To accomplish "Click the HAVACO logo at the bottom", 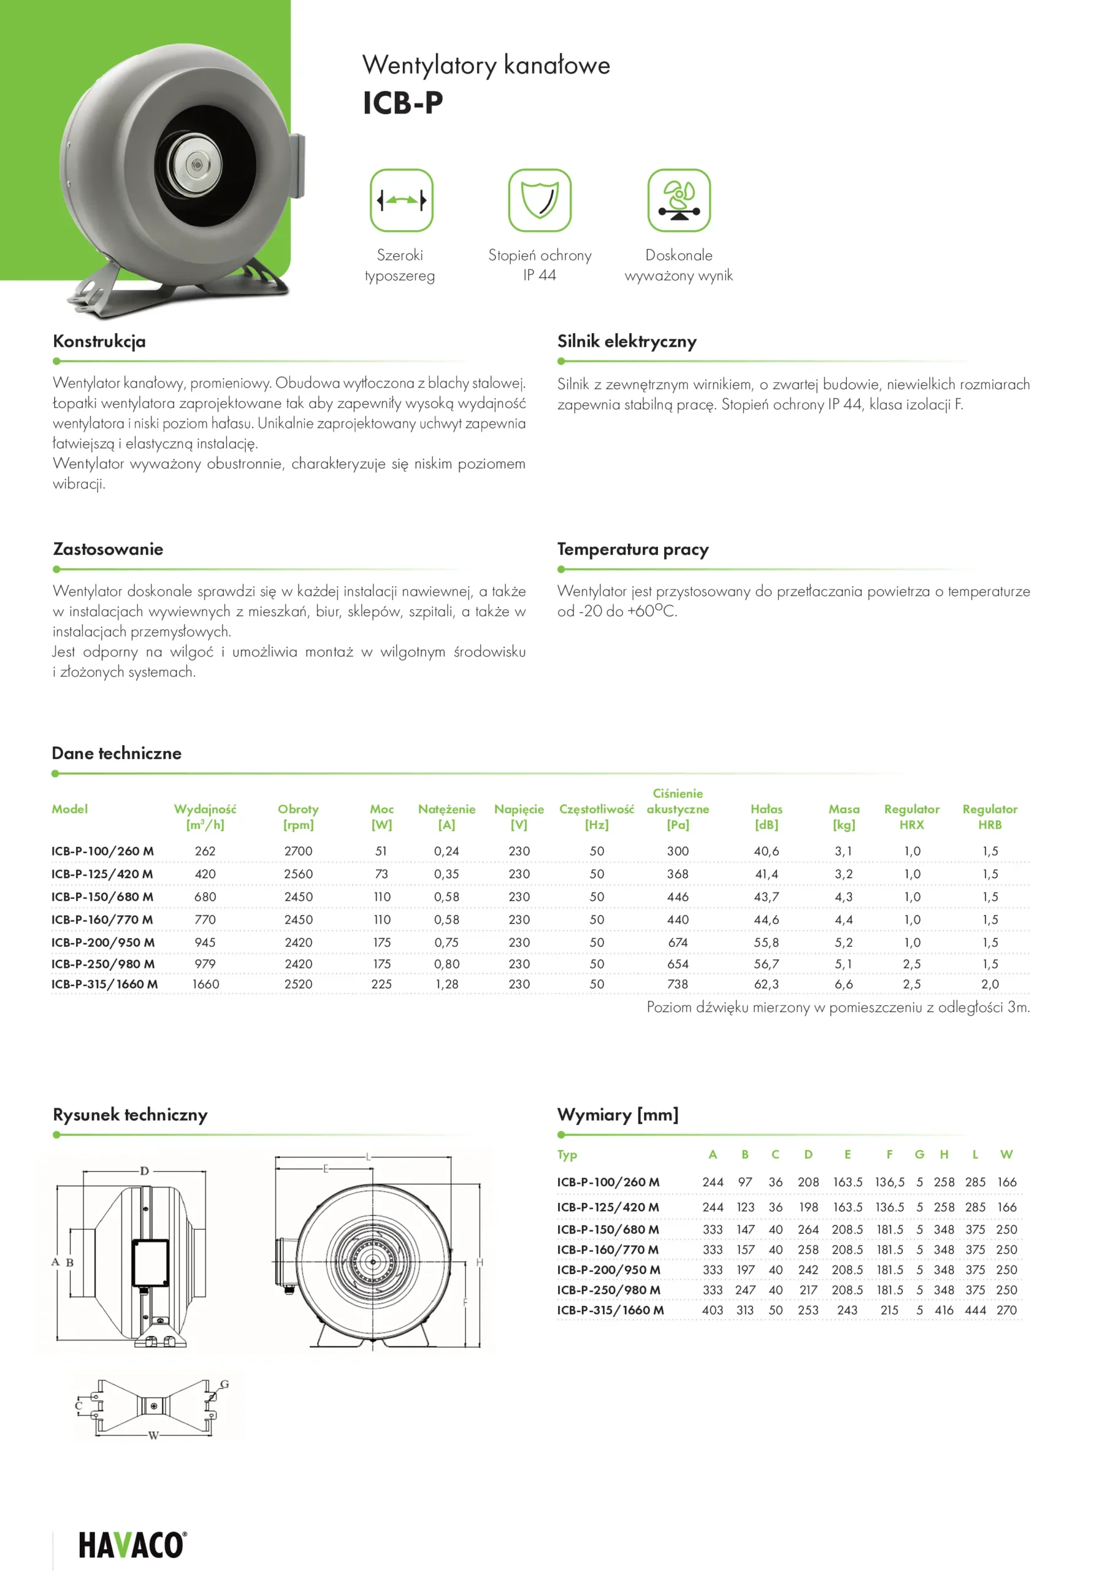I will coord(131,1545).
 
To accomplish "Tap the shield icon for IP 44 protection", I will coord(539,200).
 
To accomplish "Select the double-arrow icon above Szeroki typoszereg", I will coord(402,200).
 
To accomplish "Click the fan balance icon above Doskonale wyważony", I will coord(678,200).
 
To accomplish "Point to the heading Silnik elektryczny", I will coord(627,341).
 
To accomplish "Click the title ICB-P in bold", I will coord(403,102).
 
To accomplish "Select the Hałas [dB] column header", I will coord(766,816).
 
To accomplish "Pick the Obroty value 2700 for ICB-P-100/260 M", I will coord(298,851).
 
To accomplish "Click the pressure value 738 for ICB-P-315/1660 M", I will coord(677,984).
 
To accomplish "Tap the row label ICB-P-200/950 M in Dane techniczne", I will coord(103,942).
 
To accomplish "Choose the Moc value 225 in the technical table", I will coord(381,984).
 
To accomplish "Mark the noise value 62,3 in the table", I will coord(766,984).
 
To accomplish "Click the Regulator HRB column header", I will coord(990,816).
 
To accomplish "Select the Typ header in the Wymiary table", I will coord(567,1154).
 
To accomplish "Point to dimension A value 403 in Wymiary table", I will coord(712,1310).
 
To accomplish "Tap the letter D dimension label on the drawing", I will coord(144,1171).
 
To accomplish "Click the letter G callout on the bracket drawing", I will coord(224,1383).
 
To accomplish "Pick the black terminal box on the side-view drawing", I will coord(150,1262).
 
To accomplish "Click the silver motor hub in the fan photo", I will coord(194,166).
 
